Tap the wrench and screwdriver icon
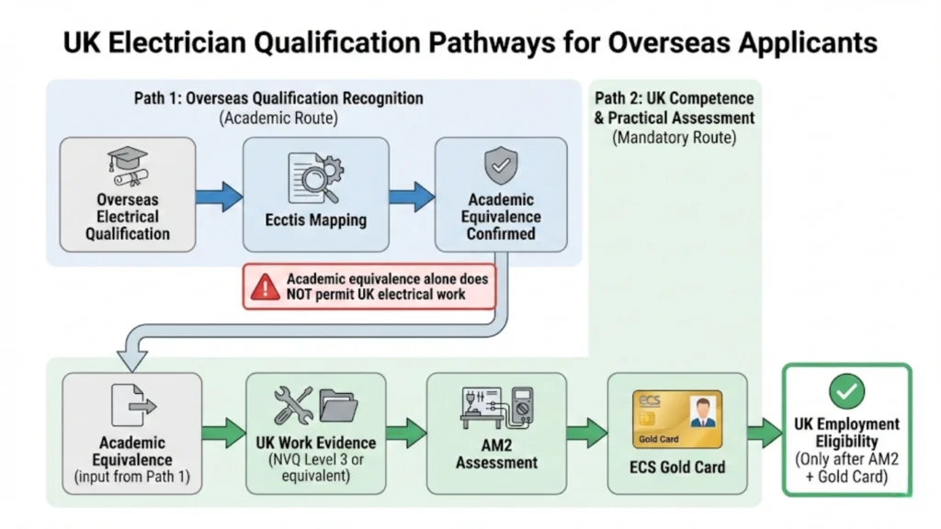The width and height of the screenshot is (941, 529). click(x=293, y=405)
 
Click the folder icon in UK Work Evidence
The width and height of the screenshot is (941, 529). click(x=338, y=405)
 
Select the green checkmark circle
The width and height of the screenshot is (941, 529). click(x=846, y=392)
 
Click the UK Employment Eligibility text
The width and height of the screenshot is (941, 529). click(x=846, y=433)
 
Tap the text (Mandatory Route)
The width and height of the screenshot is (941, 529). click(x=675, y=138)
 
